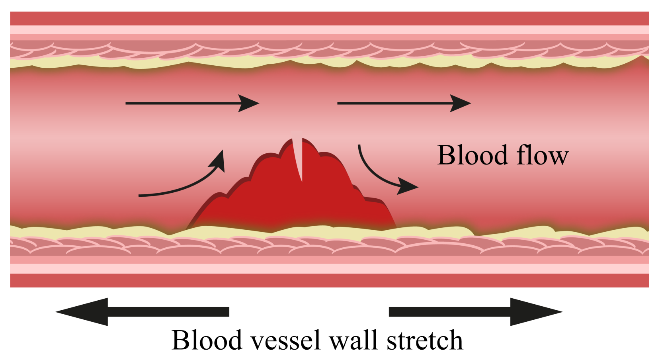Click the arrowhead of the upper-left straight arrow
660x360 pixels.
click(x=249, y=103)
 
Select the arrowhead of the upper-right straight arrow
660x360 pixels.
click(x=461, y=103)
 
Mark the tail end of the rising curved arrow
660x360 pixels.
click(x=140, y=196)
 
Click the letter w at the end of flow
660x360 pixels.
click(x=559, y=156)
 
